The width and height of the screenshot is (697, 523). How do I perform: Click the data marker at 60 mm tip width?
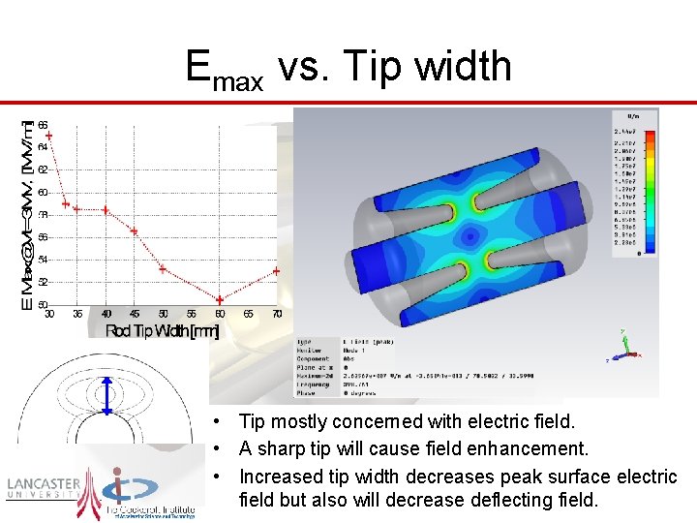(x=220, y=300)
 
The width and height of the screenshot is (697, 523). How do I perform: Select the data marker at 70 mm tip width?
(x=277, y=271)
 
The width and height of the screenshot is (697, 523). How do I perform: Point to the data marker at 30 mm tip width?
(x=49, y=136)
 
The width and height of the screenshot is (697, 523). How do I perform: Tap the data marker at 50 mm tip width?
(x=163, y=268)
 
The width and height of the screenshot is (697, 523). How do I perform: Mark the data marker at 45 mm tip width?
(x=135, y=231)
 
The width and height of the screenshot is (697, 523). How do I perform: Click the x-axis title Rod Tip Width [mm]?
(x=162, y=331)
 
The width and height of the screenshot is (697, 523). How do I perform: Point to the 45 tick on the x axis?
(x=135, y=314)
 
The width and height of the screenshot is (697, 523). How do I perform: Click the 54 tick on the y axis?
(x=43, y=260)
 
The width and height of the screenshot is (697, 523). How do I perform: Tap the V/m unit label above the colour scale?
(x=633, y=115)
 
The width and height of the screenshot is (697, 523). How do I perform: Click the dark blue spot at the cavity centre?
(x=475, y=233)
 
